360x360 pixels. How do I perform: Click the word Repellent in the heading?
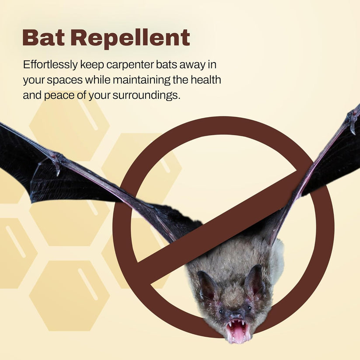point(130,39)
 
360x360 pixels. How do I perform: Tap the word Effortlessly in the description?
point(49,65)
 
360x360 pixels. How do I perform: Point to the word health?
point(205,80)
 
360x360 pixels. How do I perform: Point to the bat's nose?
point(236,316)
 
